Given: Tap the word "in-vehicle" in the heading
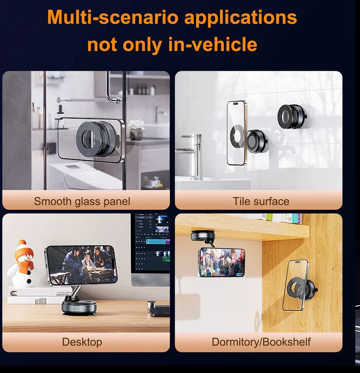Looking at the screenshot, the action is pos(213,44).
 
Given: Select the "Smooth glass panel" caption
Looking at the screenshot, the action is pos(82,201).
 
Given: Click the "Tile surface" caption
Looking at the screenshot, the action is pos(261,201).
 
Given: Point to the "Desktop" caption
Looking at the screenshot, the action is pos(82,342).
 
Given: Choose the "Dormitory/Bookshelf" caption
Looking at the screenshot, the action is pos(261,342).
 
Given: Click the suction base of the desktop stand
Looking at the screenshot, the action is pos(79,308).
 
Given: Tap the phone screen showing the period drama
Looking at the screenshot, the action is pos(81,265).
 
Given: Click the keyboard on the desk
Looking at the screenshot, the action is pos(160,311).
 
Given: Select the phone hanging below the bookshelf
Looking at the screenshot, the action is pos(221,262).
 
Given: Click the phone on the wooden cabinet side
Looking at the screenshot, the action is pos(295,285).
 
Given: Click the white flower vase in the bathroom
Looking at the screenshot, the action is pos(136,134).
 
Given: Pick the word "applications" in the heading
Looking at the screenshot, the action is pos(241,18).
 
